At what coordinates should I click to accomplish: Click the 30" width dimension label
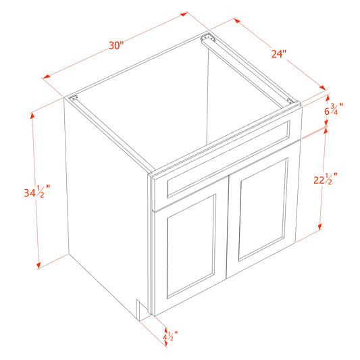[116, 45]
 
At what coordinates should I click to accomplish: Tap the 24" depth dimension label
[279, 54]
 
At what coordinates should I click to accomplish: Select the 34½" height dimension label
[36, 191]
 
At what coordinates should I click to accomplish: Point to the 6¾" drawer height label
[334, 109]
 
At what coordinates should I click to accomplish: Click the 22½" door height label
[326, 178]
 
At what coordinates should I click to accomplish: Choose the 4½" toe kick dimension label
[170, 336]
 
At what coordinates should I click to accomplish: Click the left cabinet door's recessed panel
[191, 247]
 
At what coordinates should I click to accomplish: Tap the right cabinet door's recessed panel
[263, 209]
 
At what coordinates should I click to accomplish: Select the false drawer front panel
[229, 159]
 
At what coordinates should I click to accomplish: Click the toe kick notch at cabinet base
[143, 310]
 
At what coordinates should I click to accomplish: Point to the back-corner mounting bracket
[207, 38]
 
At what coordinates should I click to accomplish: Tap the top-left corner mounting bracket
[73, 98]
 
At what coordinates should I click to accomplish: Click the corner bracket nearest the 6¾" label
[290, 101]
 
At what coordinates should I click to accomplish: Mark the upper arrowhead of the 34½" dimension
[32, 115]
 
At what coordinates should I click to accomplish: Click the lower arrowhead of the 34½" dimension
[38, 265]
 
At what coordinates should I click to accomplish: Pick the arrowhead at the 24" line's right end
[322, 88]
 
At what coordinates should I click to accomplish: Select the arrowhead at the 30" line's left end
[47, 76]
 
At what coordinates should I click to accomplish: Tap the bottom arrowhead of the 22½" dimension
[319, 227]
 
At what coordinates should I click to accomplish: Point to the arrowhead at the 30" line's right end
[184, 14]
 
